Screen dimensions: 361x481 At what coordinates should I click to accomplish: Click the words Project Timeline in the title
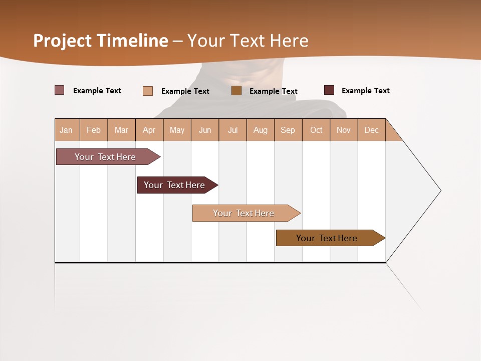click(100, 41)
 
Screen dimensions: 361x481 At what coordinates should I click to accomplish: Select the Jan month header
click(67, 130)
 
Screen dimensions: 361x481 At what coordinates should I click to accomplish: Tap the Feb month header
click(94, 130)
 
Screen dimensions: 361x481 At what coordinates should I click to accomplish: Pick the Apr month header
click(149, 130)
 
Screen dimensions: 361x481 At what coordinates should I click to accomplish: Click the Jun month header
click(205, 130)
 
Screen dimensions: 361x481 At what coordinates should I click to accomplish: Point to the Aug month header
click(261, 130)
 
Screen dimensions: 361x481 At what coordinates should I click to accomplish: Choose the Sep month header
click(288, 130)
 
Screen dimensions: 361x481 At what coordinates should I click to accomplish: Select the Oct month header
click(316, 130)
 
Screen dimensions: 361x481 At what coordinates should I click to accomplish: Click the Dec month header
click(372, 130)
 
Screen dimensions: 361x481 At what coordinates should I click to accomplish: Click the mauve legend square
click(60, 90)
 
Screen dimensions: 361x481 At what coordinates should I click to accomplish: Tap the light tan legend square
click(148, 91)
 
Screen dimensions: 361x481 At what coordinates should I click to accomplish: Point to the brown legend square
click(236, 90)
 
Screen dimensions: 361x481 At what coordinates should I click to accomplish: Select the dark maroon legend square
click(329, 90)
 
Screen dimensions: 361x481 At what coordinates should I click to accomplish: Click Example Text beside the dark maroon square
click(366, 91)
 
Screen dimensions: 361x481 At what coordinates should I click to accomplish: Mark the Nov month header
click(344, 130)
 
